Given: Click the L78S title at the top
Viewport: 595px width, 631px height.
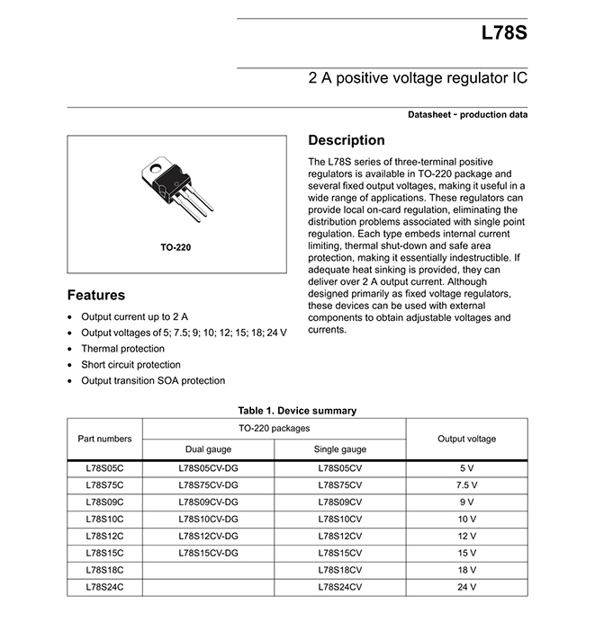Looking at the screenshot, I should (x=504, y=34).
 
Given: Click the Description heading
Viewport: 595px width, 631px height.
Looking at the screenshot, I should (x=347, y=140).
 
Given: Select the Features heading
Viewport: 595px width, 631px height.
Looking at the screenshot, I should (x=96, y=295).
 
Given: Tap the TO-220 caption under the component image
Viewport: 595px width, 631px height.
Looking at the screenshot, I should (x=176, y=246).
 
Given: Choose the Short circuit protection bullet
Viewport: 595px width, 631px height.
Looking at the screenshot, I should (x=131, y=365).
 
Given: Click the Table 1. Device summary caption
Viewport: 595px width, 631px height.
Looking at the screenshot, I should (x=297, y=411).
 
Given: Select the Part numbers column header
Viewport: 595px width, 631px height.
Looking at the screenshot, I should (x=104, y=439).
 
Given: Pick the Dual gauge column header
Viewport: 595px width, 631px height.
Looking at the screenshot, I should (x=208, y=449).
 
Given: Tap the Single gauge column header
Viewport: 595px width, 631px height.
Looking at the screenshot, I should (x=339, y=449).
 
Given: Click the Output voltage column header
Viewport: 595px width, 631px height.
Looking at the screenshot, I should (x=466, y=439).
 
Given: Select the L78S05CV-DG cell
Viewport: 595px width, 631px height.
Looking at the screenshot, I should (x=208, y=468).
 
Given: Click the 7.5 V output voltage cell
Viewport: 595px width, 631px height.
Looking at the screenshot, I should (x=466, y=485).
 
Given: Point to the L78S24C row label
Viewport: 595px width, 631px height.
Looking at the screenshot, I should (x=104, y=587).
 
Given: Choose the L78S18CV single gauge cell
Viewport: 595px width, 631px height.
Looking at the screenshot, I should (x=339, y=570).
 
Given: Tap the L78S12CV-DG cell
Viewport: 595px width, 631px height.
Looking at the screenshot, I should (x=208, y=536).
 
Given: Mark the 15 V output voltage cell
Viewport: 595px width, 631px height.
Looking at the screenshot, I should (x=466, y=553).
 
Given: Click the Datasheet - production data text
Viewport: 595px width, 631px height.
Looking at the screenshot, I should (x=467, y=115).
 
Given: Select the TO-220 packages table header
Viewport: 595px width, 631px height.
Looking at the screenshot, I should (x=274, y=428).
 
